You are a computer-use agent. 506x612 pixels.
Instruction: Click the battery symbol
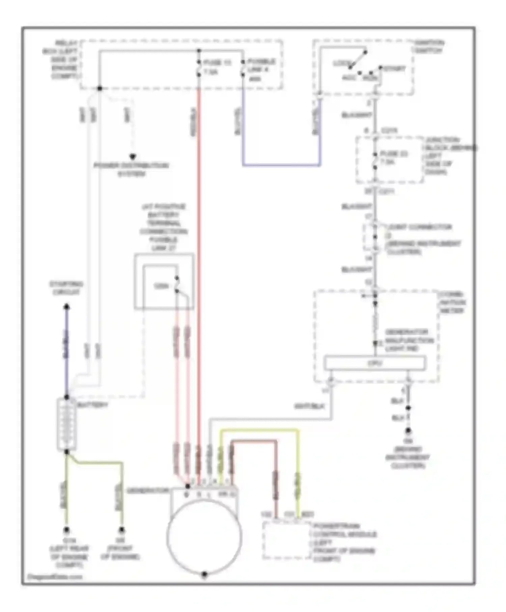66,424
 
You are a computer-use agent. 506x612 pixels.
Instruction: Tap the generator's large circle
204,536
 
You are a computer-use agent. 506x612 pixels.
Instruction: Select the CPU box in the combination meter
374,363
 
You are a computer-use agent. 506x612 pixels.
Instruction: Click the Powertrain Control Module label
344,542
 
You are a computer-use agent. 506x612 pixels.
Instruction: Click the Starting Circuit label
66,288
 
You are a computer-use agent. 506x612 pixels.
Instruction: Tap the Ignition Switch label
429,47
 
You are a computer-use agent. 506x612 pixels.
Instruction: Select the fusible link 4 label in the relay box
261,70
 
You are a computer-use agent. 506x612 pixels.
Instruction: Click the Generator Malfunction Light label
409,340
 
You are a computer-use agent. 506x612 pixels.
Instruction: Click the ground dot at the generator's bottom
204,574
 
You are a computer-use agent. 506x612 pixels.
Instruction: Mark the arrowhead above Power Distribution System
133,157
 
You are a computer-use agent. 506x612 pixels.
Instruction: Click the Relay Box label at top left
62,59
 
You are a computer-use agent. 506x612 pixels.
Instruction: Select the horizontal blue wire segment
281,165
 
